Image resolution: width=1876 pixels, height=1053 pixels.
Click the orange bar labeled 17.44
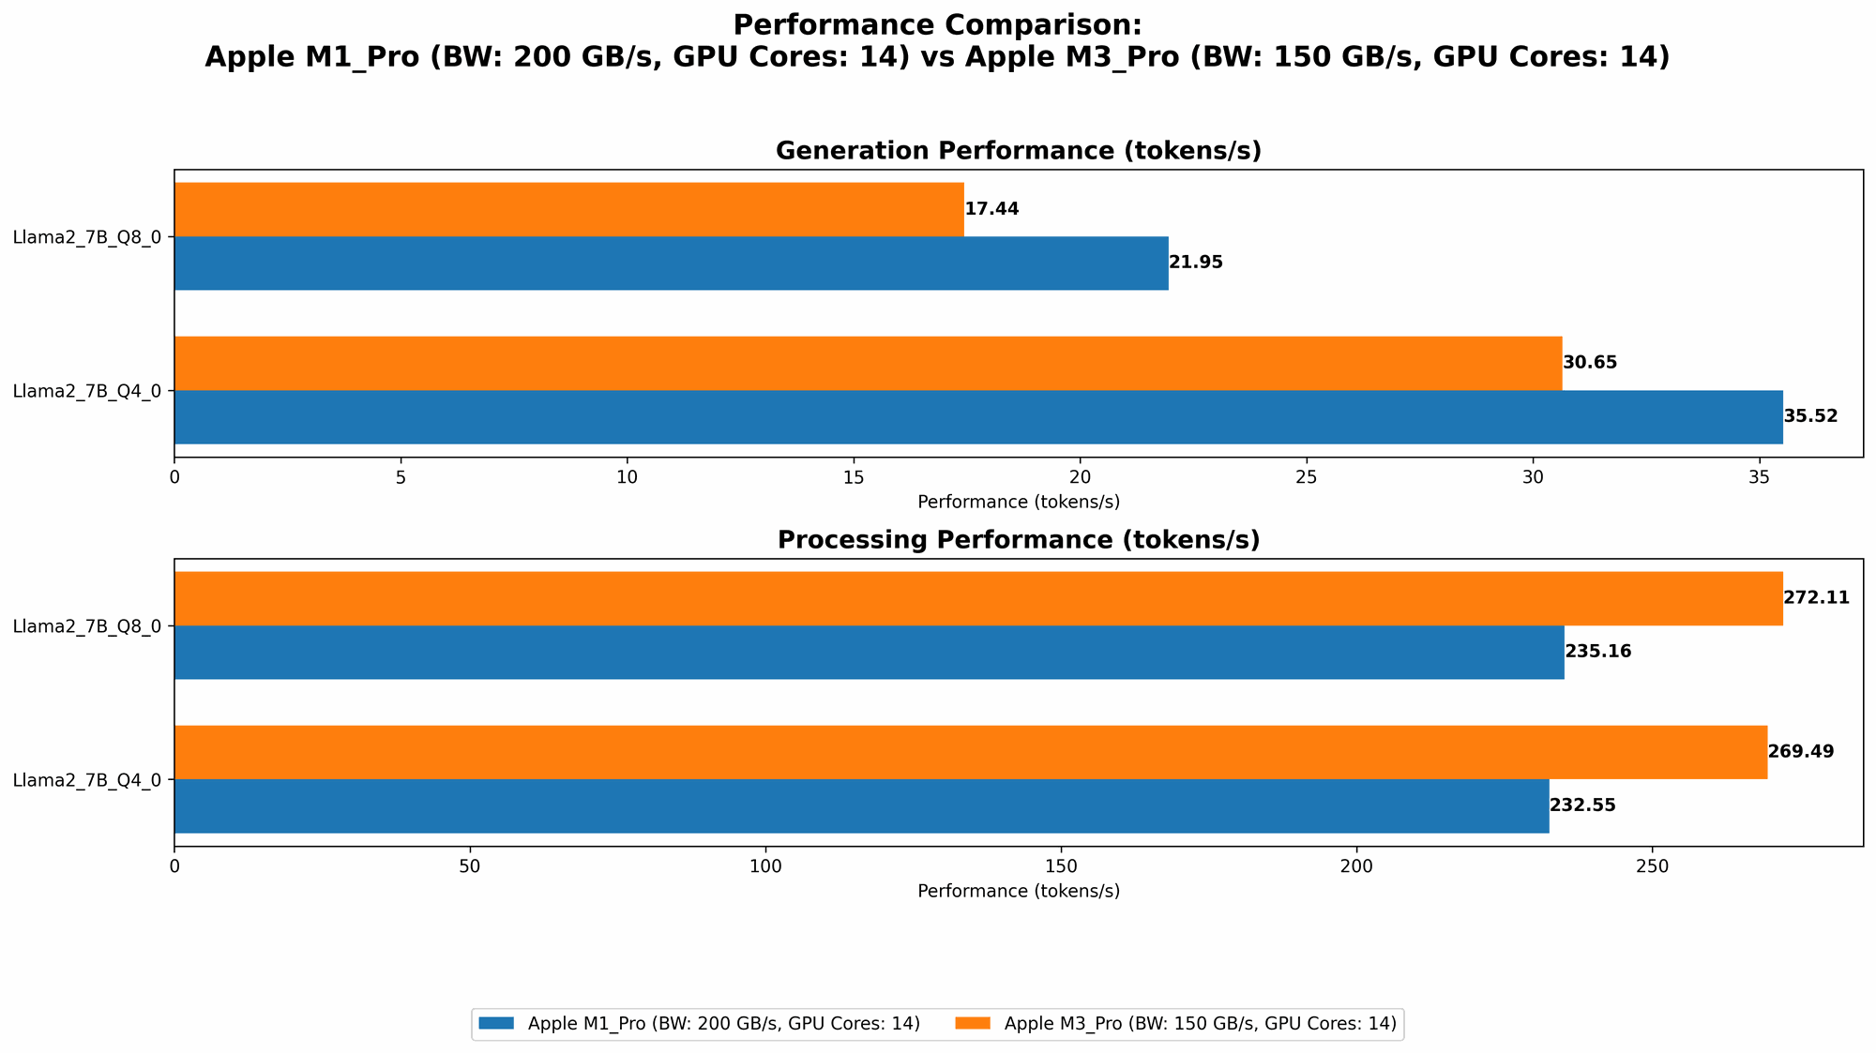click(568, 209)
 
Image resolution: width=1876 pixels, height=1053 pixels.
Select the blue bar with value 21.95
click(671, 263)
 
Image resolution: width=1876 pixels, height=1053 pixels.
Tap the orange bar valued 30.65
click(868, 363)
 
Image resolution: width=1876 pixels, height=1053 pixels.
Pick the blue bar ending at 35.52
click(977, 416)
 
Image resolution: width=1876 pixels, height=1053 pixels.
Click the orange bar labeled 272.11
click(977, 598)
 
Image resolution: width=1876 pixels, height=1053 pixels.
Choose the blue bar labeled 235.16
click(869, 652)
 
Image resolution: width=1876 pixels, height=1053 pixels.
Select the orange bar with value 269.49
click(970, 752)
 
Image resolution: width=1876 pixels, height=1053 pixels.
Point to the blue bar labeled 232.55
click(861, 805)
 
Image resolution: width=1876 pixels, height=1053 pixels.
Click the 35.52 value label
click(1810, 416)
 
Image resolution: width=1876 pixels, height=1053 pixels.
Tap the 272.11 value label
click(1816, 598)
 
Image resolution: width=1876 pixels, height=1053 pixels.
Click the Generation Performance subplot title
click(1018, 151)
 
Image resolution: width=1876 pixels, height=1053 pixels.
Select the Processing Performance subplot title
click(1018, 540)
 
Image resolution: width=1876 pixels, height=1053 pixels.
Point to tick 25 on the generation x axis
click(1306, 477)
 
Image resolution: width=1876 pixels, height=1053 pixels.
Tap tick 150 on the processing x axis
click(1061, 866)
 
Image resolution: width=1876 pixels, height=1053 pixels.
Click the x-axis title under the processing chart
click(1018, 891)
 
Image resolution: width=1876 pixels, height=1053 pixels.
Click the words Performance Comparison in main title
click(936, 24)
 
